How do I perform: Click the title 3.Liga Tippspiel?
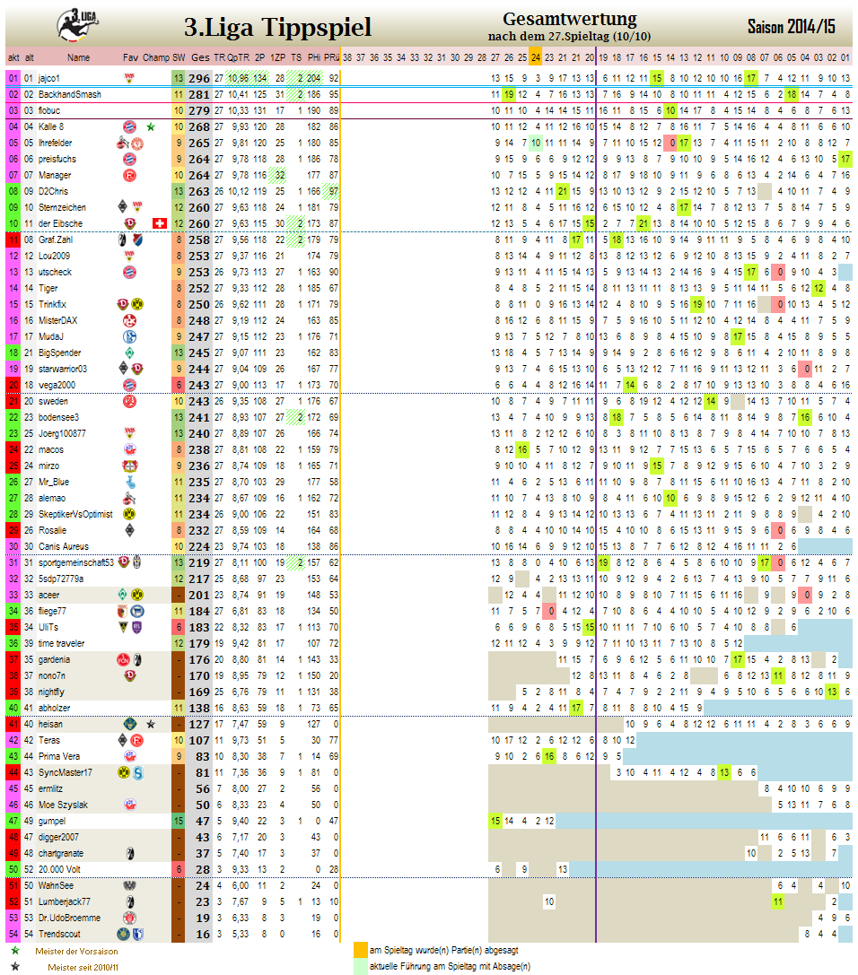coord(276,28)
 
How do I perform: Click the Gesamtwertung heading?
coord(570,19)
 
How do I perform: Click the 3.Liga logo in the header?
coord(78,23)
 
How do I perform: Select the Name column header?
coord(79,57)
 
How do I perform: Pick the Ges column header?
coord(200,57)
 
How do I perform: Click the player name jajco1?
coord(49,78)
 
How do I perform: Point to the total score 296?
coord(199,78)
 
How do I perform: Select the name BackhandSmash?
coord(70,94)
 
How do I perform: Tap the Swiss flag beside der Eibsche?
coord(160,223)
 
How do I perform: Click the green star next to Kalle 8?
coord(151,126)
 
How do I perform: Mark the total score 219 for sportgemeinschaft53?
coord(199,562)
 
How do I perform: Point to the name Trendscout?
coord(59,934)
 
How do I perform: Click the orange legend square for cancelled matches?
coord(360,951)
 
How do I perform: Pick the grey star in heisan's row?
coord(151,724)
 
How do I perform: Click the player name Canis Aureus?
coord(63,546)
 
